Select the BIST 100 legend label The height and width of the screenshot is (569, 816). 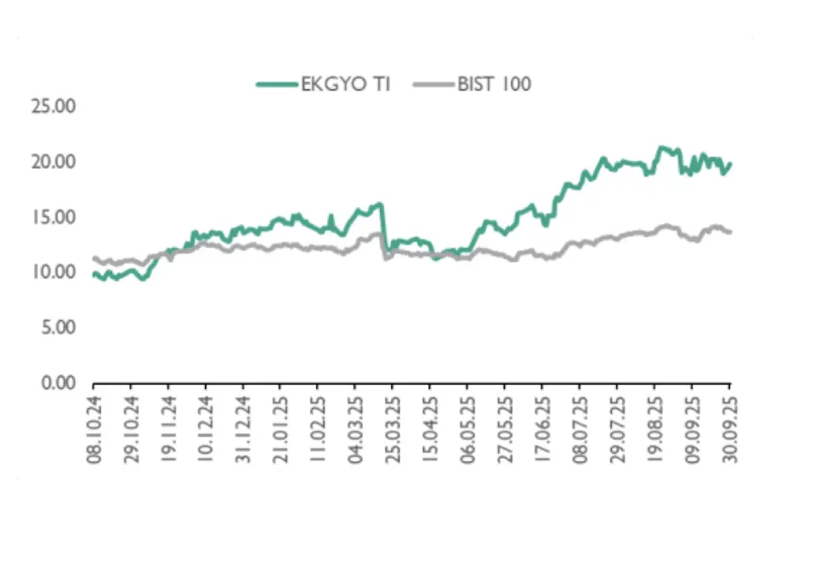tap(495, 84)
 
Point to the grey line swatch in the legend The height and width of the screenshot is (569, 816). tap(432, 84)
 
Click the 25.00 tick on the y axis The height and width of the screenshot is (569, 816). tap(53, 107)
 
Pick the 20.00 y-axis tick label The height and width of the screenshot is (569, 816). tap(53, 162)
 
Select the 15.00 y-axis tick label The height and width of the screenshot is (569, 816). tap(53, 217)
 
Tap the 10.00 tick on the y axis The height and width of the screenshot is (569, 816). tap(53, 273)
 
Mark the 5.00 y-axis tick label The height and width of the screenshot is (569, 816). tap(57, 328)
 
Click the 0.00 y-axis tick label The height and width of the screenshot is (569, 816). tap(57, 383)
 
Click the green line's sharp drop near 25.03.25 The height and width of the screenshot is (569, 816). tap(384, 228)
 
